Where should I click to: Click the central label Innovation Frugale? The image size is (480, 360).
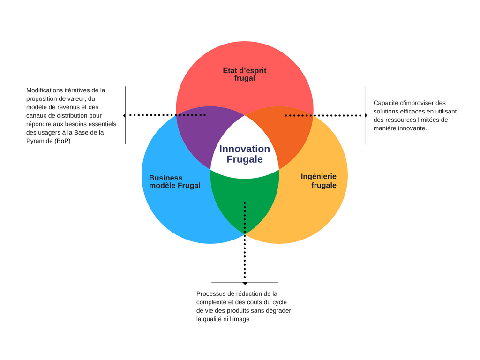coord(245,154)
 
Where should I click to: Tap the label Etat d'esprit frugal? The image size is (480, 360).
coord(245,75)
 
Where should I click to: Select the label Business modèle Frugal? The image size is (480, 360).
coord(174,182)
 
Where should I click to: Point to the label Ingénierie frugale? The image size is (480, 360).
coord(319,181)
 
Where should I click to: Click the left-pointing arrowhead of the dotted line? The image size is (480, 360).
coord(124,115)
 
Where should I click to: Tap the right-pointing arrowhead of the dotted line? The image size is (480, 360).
coord(366,115)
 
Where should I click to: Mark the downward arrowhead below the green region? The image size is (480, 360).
coord(245,283)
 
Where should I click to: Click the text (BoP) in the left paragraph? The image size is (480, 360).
coord(62,141)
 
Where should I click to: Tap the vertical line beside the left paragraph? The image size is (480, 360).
coord(126,115)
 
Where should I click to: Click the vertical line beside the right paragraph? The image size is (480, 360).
coord(365,115)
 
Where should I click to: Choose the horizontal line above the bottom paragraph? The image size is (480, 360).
coord(245,282)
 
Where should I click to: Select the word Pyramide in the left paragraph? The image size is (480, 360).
coord(39,141)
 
